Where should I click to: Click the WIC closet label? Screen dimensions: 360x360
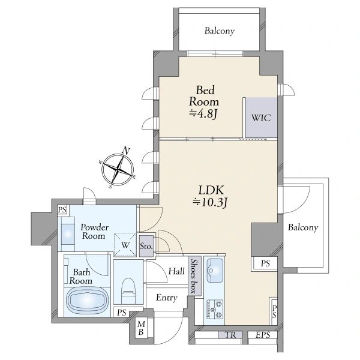[261, 118]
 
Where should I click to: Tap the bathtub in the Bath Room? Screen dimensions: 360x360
[87, 301]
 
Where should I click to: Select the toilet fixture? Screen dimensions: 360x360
[128, 290]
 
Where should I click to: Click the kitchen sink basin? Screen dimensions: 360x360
[215, 270]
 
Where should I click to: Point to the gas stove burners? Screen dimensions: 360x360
[215, 309]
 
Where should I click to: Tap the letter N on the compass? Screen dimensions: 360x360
[126, 151]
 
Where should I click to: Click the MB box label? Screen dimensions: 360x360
[141, 328]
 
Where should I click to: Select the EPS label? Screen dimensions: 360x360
[263, 335]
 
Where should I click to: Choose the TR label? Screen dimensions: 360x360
[231, 335]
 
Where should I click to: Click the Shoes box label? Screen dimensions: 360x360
[194, 276]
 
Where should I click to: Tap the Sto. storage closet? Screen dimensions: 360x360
[146, 246]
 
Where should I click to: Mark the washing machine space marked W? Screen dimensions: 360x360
[125, 245]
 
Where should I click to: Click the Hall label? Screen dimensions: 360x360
[176, 271]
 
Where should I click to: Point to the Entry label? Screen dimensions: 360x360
[167, 298]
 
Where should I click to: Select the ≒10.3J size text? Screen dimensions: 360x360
[210, 202]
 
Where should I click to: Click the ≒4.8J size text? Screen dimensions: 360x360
[203, 113]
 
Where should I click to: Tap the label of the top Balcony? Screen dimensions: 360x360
[220, 31]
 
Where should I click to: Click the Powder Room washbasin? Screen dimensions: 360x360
[68, 234]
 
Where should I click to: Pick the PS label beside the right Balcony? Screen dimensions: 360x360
[265, 263]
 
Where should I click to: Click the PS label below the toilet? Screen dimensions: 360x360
[122, 312]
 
